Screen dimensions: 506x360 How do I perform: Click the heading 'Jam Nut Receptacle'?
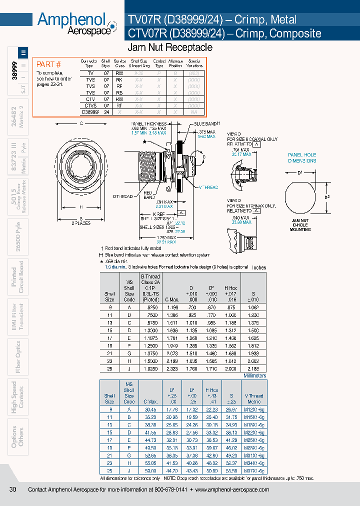pos(170,47)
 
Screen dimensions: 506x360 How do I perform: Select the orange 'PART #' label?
pos(49,64)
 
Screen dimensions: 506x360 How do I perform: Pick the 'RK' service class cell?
pos(119,79)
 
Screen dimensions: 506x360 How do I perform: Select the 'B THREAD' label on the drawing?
pos(122,197)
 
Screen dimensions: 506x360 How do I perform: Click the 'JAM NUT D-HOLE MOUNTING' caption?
pos(300,226)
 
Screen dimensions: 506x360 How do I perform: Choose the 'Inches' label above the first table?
pos(259,267)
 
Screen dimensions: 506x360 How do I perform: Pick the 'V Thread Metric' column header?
pos(253,398)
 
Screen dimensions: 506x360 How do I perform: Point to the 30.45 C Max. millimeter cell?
pos(150,409)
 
